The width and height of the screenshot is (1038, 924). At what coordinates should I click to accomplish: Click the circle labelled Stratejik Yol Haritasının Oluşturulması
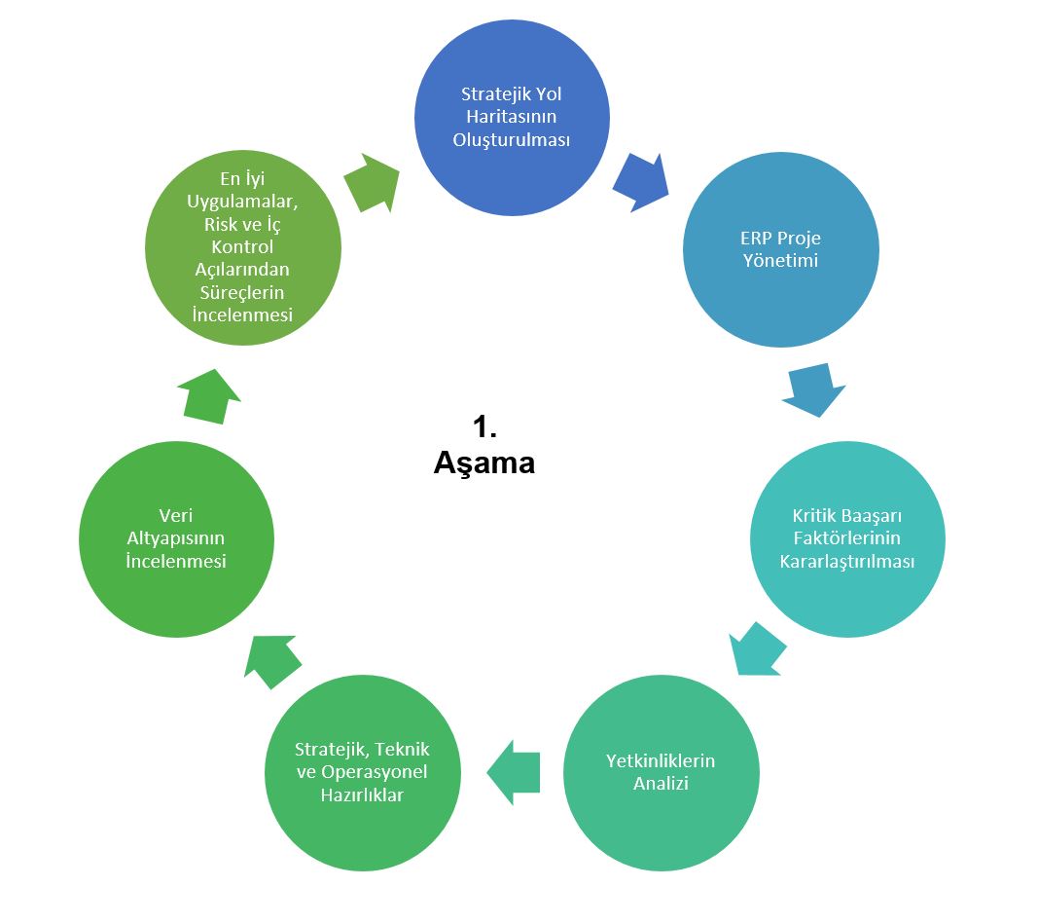click(x=512, y=118)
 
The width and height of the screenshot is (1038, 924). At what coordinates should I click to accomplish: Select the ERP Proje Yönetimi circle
click(x=780, y=250)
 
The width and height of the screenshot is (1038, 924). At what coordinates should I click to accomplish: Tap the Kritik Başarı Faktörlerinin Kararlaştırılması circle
click(x=846, y=539)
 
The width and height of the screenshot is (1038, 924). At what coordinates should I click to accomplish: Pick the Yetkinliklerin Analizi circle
click(x=661, y=772)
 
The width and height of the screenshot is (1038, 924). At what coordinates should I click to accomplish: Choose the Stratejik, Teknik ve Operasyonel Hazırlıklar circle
click(x=362, y=772)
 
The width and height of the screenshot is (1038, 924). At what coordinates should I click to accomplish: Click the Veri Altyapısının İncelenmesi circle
click(x=176, y=539)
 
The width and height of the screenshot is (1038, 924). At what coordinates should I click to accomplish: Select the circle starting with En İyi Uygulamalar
click(x=243, y=247)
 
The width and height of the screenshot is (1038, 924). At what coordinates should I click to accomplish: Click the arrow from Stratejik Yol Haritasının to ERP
click(x=640, y=180)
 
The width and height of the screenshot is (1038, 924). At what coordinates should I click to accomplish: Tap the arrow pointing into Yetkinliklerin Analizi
click(x=757, y=647)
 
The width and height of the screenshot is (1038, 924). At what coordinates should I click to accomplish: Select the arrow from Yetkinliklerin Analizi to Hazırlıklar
click(x=512, y=772)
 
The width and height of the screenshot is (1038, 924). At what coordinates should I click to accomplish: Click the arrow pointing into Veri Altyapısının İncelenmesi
click(x=273, y=662)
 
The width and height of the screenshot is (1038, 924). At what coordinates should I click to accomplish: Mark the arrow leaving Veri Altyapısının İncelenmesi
click(x=209, y=395)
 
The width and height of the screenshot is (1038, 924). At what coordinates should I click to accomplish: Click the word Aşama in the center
click(x=483, y=463)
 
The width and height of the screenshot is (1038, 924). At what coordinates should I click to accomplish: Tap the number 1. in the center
click(x=484, y=425)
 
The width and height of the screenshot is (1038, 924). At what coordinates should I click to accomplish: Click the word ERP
click(x=757, y=239)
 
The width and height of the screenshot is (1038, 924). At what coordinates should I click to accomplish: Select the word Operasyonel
click(x=382, y=772)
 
